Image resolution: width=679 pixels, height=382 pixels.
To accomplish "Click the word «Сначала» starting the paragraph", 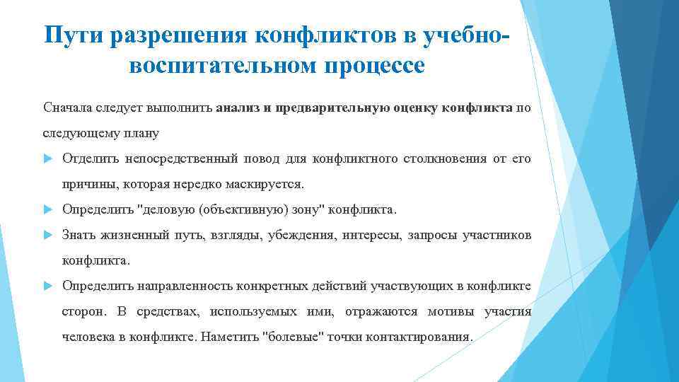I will tap(66, 108).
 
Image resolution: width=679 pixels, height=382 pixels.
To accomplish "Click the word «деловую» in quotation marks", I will tap(170, 209).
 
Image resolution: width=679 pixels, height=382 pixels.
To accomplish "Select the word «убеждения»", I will tap(300, 235).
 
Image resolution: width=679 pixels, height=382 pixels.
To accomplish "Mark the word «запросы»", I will tap(431, 235).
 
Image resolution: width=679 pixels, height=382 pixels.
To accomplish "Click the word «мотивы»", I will tap(451, 311).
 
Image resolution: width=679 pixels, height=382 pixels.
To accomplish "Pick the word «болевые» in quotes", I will tap(293, 337).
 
